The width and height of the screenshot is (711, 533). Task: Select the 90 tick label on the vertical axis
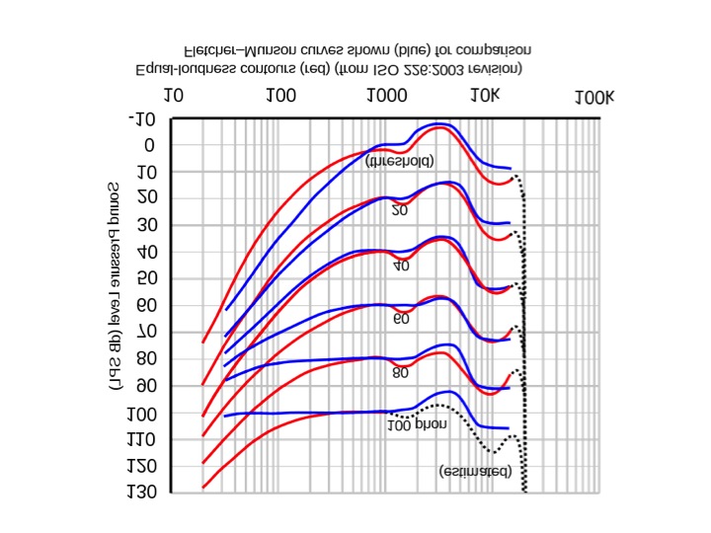coord(147,386)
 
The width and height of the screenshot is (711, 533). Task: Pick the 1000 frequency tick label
coord(386,97)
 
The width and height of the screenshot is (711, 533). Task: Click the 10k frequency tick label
coord(485,97)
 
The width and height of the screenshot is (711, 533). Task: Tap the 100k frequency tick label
coord(593,97)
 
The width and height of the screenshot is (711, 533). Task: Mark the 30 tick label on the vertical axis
coord(147,226)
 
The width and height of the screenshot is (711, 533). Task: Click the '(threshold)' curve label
coord(399,160)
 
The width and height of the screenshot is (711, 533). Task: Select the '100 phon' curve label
coord(417,424)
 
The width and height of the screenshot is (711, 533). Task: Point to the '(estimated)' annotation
coord(475,472)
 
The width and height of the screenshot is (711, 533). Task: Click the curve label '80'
coord(400,373)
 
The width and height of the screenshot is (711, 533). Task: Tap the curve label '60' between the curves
coord(401,319)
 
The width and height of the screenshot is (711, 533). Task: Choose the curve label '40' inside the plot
coord(401,266)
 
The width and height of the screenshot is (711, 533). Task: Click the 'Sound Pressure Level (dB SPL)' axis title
coord(115,286)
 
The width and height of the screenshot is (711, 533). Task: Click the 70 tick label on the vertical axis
coord(147,333)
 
